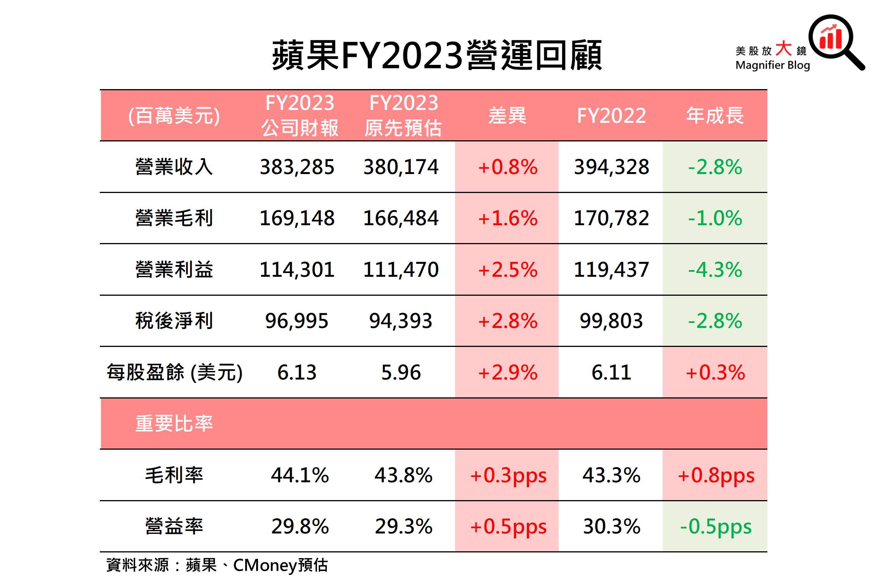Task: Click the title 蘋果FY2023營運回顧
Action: click(x=437, y=55)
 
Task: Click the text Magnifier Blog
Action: click(x=772, y=65)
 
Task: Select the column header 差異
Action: click(x=507, y=115)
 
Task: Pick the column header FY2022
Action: click(x=611, y=115)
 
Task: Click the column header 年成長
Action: click(x=715, y=115)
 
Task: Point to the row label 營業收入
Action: click(x=174, y=167)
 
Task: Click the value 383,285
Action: click(x=297, y=167)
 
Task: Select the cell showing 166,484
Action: click(x=401, y=218)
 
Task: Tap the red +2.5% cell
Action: click(x=507, y=270)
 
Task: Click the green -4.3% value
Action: click(x=715, y=270)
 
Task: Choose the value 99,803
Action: click(x=611, y=321)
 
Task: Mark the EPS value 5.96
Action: click(x=401, y=372)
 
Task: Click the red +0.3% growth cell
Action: click(x=715, y=372)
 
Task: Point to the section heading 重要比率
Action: click(x=174, y=424)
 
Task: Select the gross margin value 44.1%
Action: click(x=300, y=475)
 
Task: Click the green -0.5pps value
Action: click(x=715, y=527)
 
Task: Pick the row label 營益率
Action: click(x=174, y=527)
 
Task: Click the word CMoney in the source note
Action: click(x=265, y=565)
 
